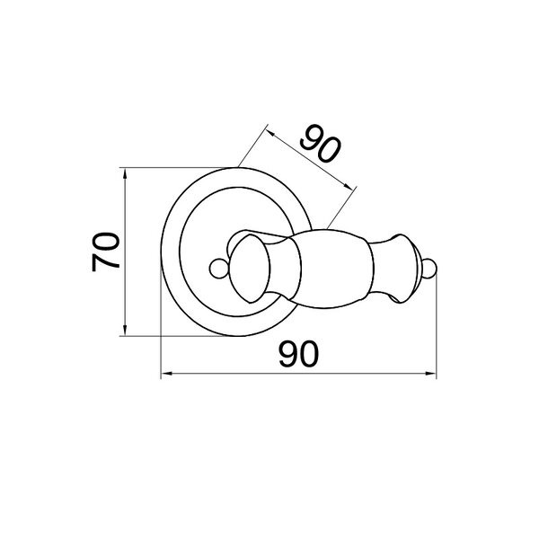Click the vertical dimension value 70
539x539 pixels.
coord(105,252)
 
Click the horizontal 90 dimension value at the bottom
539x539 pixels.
coord(299,354)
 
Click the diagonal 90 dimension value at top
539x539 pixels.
coord(321,144)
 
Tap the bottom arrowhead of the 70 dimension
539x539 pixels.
coord(125,331)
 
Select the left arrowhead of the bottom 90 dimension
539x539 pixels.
coord(167,374)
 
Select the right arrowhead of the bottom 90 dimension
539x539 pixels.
coord(430,374)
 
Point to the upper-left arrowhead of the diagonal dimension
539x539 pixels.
coord(270,133)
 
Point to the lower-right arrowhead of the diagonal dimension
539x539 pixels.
coord(348,186)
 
